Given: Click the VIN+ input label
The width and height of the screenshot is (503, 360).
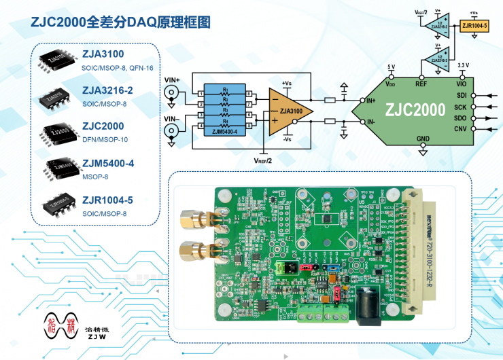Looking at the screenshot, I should point(172,81).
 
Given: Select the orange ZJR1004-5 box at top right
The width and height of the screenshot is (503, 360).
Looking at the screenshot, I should point(474,26).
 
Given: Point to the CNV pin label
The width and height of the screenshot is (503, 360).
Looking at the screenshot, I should point(460,129).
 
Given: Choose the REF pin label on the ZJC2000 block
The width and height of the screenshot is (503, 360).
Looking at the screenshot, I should point(421,84).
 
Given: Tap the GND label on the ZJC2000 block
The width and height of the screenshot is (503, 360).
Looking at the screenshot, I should point(423,138).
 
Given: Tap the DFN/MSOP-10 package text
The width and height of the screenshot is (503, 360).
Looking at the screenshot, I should point(103,139).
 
